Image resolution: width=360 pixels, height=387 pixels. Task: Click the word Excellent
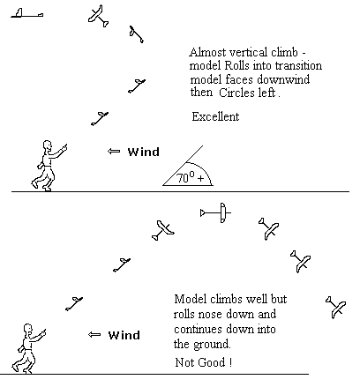215,116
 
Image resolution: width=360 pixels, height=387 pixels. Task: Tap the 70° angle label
191,177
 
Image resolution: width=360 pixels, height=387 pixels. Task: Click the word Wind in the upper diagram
144,152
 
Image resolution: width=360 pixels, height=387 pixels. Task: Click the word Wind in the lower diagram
124,335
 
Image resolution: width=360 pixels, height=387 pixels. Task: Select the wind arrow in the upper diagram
114,152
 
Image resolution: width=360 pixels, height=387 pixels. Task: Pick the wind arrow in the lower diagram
94,335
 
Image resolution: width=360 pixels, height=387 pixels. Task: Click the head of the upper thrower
47,146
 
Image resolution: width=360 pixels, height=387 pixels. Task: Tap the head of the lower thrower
27,330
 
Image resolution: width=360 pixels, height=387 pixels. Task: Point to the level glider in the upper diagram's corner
27,13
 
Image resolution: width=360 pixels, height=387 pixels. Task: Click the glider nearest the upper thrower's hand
100,118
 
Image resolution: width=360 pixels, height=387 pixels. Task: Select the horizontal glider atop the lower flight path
215,212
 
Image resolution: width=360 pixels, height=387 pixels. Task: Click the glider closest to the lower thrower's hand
74,303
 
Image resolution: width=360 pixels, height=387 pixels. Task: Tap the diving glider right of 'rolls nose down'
335,307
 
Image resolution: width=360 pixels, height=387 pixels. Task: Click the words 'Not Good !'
204,362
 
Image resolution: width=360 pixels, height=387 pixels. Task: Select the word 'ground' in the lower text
212,345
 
